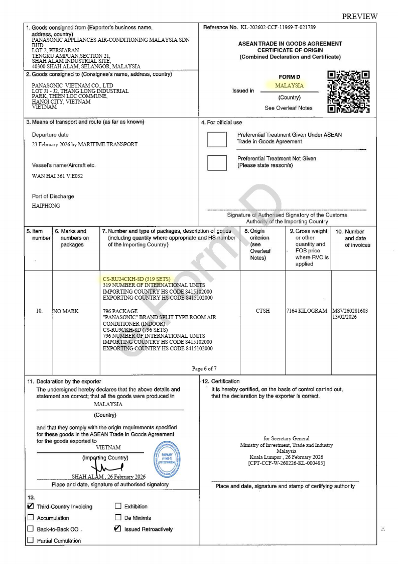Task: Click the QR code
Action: pos(348,91)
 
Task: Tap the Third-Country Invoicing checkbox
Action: pos(31,506)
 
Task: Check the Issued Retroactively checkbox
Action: pos(118,529)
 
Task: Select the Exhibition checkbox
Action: pos(118,506)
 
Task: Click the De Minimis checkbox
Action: pos(118,517)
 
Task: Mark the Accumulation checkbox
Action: pos(31,518)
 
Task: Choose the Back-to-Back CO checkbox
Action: pos(31,529)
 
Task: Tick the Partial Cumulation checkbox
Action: pos(31,540)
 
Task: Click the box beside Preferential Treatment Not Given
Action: pos(217,163)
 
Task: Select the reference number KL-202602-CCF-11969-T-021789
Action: pos(278,27)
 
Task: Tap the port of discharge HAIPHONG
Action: pos(46,206)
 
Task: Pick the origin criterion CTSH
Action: pos(262,311)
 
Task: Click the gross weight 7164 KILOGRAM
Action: pos(308,311)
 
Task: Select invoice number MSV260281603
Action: pos(350,311)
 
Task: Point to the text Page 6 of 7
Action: pos(204,368)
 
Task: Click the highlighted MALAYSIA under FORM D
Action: pos(289,85)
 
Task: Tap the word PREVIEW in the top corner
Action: pos(359,17)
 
